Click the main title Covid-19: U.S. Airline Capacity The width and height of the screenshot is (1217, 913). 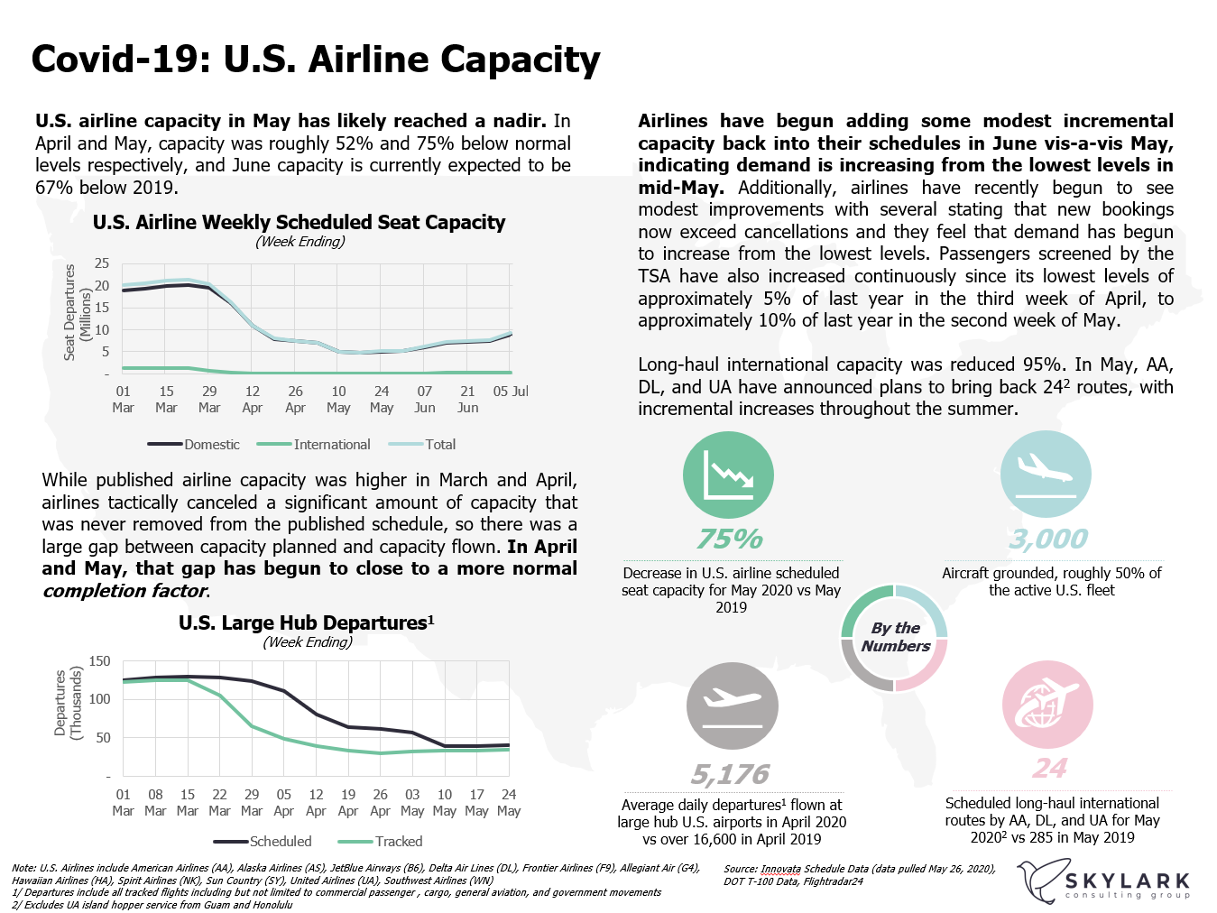316,60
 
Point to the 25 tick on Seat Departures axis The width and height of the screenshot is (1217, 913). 102,263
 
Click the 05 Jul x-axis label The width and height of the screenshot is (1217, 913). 511,392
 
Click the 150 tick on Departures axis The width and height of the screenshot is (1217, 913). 100,661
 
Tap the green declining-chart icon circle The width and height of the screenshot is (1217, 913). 728,475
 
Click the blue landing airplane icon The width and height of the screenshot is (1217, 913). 1046,475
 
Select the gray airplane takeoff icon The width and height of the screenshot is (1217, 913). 732,707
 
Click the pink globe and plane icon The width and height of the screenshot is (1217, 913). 1047,705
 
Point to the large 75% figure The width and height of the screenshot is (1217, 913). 730,539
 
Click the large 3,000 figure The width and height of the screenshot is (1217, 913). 1048,539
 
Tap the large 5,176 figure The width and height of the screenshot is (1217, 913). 730,774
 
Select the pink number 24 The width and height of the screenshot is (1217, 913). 1050,768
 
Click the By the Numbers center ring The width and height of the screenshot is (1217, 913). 895,637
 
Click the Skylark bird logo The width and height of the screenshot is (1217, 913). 1038,881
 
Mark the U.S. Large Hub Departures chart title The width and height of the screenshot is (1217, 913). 306,622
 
